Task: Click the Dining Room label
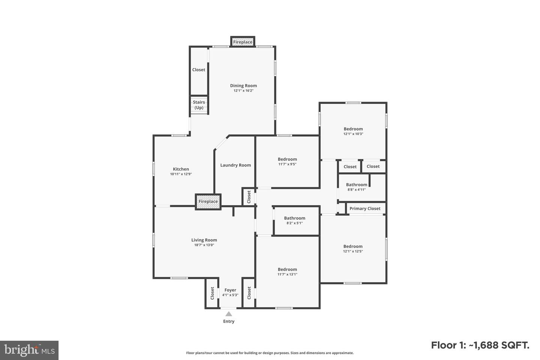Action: [243, 86]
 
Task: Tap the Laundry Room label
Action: [235, 165]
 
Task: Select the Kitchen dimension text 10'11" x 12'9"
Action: [181, 174]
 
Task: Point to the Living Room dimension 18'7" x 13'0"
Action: [204, 245]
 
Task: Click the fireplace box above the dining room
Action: [243, 42]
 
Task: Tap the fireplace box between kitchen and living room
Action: [208, 202]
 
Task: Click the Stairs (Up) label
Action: [199, 105]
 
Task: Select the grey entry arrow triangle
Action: [229, 314]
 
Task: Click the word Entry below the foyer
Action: [229, 321]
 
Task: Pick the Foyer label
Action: [230, 290]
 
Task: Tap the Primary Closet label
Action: [365, 208]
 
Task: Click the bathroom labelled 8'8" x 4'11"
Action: [357, 187]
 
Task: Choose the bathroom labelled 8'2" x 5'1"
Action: [294, 220]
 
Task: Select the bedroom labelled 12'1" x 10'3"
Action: [353, 131]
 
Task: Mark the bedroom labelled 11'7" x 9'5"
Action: [287, 161]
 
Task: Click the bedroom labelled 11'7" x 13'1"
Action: [287, 271]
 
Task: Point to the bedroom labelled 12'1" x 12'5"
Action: [353, 249]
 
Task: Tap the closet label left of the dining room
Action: [199, 70]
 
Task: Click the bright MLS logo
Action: [29, 350]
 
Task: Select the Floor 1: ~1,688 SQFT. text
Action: [480, 345]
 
